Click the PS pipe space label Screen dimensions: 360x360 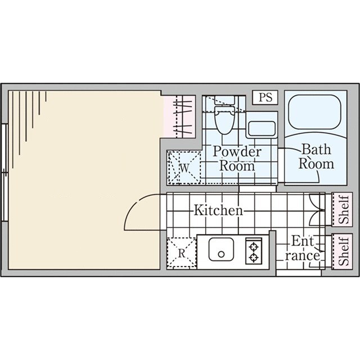coord(265,97)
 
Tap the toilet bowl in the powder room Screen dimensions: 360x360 coord(224,120)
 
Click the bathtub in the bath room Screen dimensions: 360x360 coord(316,115)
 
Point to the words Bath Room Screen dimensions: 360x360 coord(316,156)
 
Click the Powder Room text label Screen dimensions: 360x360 coord(237,159)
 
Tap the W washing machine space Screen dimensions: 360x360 coord(184,168)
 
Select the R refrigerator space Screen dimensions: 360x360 coord(182,253)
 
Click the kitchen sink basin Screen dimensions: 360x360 coord(221,249)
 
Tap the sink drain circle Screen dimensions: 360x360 coord(221,254)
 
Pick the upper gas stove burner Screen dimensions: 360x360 coord(254,247)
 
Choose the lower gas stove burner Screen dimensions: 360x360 coord(254,258)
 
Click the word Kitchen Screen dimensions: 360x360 coord(218,210)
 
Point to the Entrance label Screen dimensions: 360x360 coord(303,248)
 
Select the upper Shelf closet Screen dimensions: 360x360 coord(342,209)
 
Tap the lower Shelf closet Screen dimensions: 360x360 coord(342,251)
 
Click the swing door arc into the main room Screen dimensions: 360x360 coord(135,204)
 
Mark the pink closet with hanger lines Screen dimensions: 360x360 coord(179,116)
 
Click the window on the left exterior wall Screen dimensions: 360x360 coord(4,173)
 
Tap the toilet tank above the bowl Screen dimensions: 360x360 coord(224,100)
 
